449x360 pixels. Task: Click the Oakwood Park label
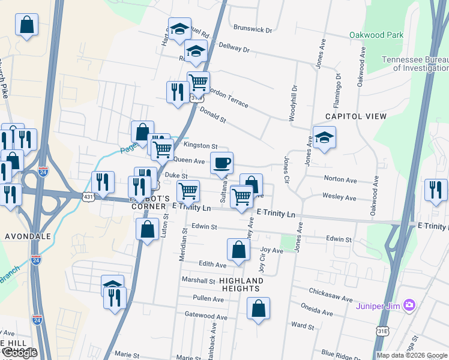376,35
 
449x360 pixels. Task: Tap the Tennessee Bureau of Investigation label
415,64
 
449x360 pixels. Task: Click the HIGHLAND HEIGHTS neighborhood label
241,284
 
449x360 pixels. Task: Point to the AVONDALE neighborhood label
28,236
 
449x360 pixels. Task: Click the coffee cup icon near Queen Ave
221,162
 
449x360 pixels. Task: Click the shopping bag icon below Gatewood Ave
258,309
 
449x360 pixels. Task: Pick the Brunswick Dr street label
253,29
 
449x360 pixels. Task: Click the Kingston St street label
200,146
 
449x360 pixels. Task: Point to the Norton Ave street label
340,179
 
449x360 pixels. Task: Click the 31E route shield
382,331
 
